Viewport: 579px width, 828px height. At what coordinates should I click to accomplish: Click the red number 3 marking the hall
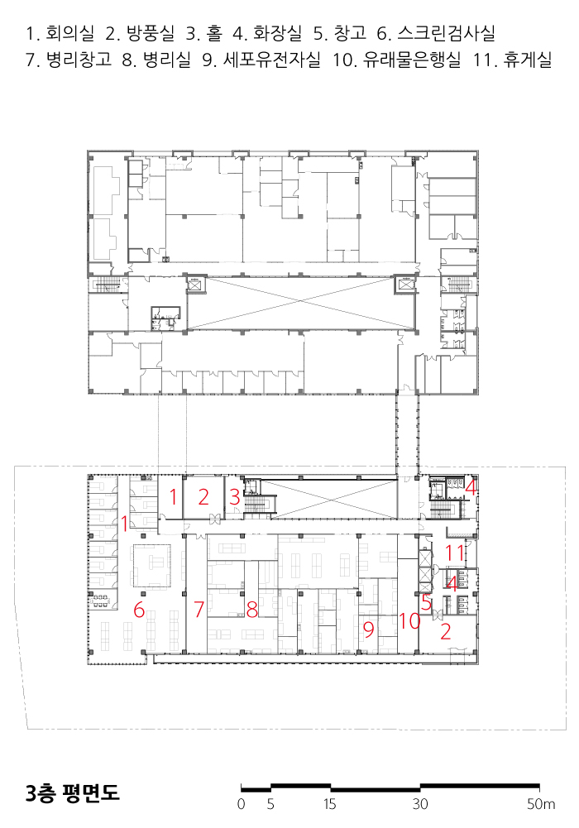coord(235,497)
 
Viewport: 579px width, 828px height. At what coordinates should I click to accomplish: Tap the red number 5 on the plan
coord(427,602)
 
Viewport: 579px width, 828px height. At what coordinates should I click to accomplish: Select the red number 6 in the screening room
coord(139,610)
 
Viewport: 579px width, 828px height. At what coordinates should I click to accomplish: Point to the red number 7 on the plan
coord(199,610)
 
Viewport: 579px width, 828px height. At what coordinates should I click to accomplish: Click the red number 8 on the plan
coord(252,610)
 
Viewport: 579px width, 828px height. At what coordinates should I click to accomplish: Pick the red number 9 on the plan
coord(369,629)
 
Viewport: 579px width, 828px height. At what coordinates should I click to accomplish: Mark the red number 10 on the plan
coord(409,621)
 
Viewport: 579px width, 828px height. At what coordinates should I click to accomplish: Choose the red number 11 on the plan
coord(454,553)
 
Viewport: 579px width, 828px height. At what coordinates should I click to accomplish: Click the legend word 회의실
coord(70,33)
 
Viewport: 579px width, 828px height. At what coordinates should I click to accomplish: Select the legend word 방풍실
coord(151,33)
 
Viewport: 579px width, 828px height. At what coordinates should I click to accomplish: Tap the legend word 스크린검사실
coord(446,33)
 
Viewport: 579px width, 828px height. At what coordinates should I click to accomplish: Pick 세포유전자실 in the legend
coord(272,60)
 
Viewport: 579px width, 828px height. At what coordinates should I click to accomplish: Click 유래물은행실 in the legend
coord(412,60)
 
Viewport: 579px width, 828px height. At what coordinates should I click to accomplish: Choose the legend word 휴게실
coord(528,60)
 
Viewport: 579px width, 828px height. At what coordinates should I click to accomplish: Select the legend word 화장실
coord(278,33)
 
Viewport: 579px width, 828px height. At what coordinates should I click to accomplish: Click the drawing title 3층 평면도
coord(73,792)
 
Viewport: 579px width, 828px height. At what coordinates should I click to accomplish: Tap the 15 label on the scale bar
coord(330,804)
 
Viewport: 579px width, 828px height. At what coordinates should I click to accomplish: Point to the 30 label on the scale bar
coord(420,804)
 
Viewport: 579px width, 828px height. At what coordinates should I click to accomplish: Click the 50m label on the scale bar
coord(541,804)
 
